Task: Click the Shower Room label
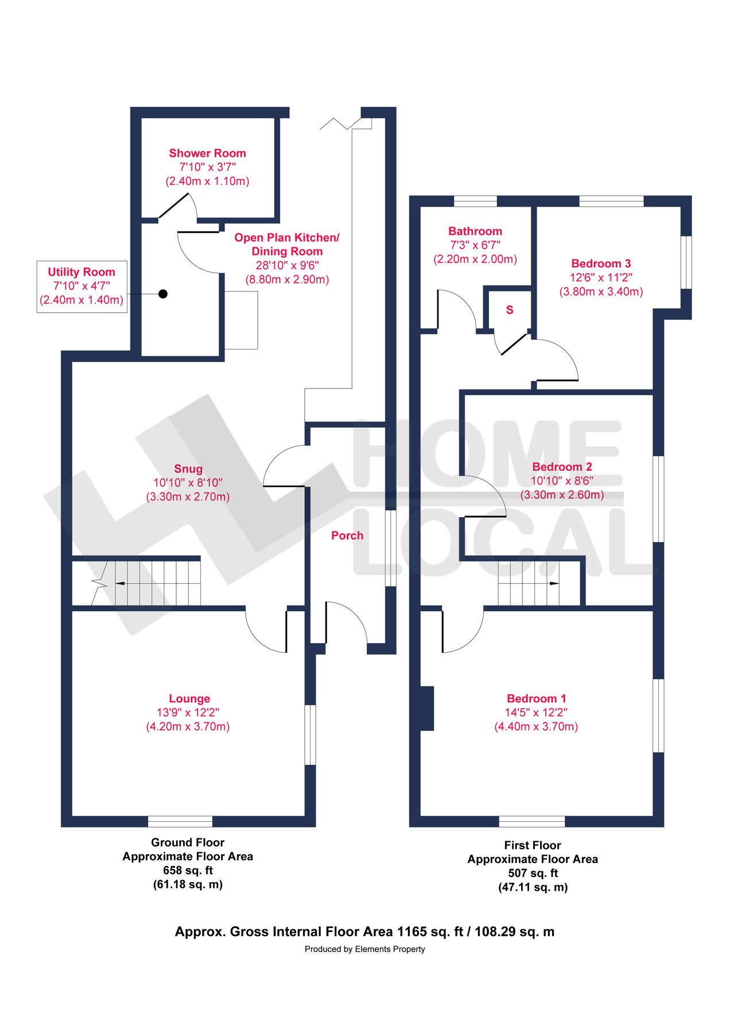coord(207,153)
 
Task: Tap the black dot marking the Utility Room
coord(163,294)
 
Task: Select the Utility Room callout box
coord(81,286)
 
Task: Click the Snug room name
coord(188,469)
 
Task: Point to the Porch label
coord(347,535)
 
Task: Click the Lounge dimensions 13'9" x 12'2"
coord(188,712)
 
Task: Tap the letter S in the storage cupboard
coord(510,310)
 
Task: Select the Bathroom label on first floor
coord(475,231)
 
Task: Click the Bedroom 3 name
coord(601,263)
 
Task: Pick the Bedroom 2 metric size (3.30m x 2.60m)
coord(562,495)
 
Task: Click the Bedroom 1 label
coord(536,698)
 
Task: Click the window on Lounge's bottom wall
coord(180,821)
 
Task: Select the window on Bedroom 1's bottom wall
coord(532,821)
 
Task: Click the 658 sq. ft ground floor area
coord(188,870)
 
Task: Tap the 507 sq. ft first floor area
coord(533,873)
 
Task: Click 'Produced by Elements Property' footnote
coord(364,949)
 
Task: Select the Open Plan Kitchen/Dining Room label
coord(286,244)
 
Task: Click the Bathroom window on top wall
coord(475,201)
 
